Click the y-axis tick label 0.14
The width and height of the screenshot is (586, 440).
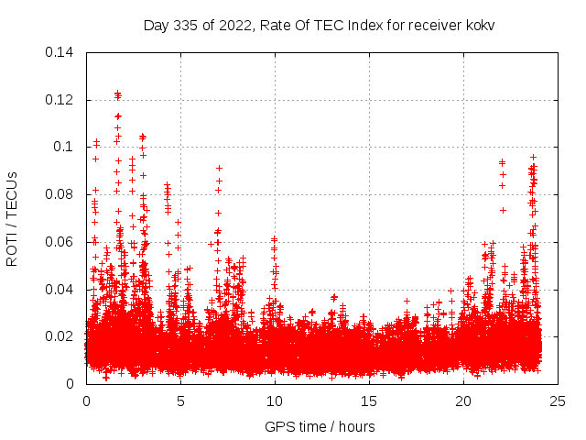pos(60,52)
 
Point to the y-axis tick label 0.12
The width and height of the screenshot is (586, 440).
pos(60,100)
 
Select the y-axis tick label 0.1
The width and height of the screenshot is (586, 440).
pos(64,147)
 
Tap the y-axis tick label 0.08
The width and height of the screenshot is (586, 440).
pos(60,194)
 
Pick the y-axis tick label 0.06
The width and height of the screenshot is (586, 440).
pos(60,242)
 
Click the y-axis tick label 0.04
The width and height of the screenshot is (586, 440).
pos(60,290)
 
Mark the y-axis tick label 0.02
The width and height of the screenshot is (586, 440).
pos(60,336)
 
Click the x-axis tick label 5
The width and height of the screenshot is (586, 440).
pos(180,401)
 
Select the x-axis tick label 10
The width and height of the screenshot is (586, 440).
pos(275,401)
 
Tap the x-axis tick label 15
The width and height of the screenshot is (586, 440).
pos(369,401)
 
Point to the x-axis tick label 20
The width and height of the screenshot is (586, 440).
pos(463,401)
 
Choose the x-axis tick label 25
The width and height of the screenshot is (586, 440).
pos(558,401)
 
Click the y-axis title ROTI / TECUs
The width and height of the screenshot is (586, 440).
pos(13,218)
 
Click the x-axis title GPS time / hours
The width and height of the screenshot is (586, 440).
pos(320,426)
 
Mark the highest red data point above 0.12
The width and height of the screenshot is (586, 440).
pos(117,93)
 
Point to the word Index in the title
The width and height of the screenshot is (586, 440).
pos(362,25)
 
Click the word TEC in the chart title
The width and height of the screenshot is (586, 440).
pos(323,25)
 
